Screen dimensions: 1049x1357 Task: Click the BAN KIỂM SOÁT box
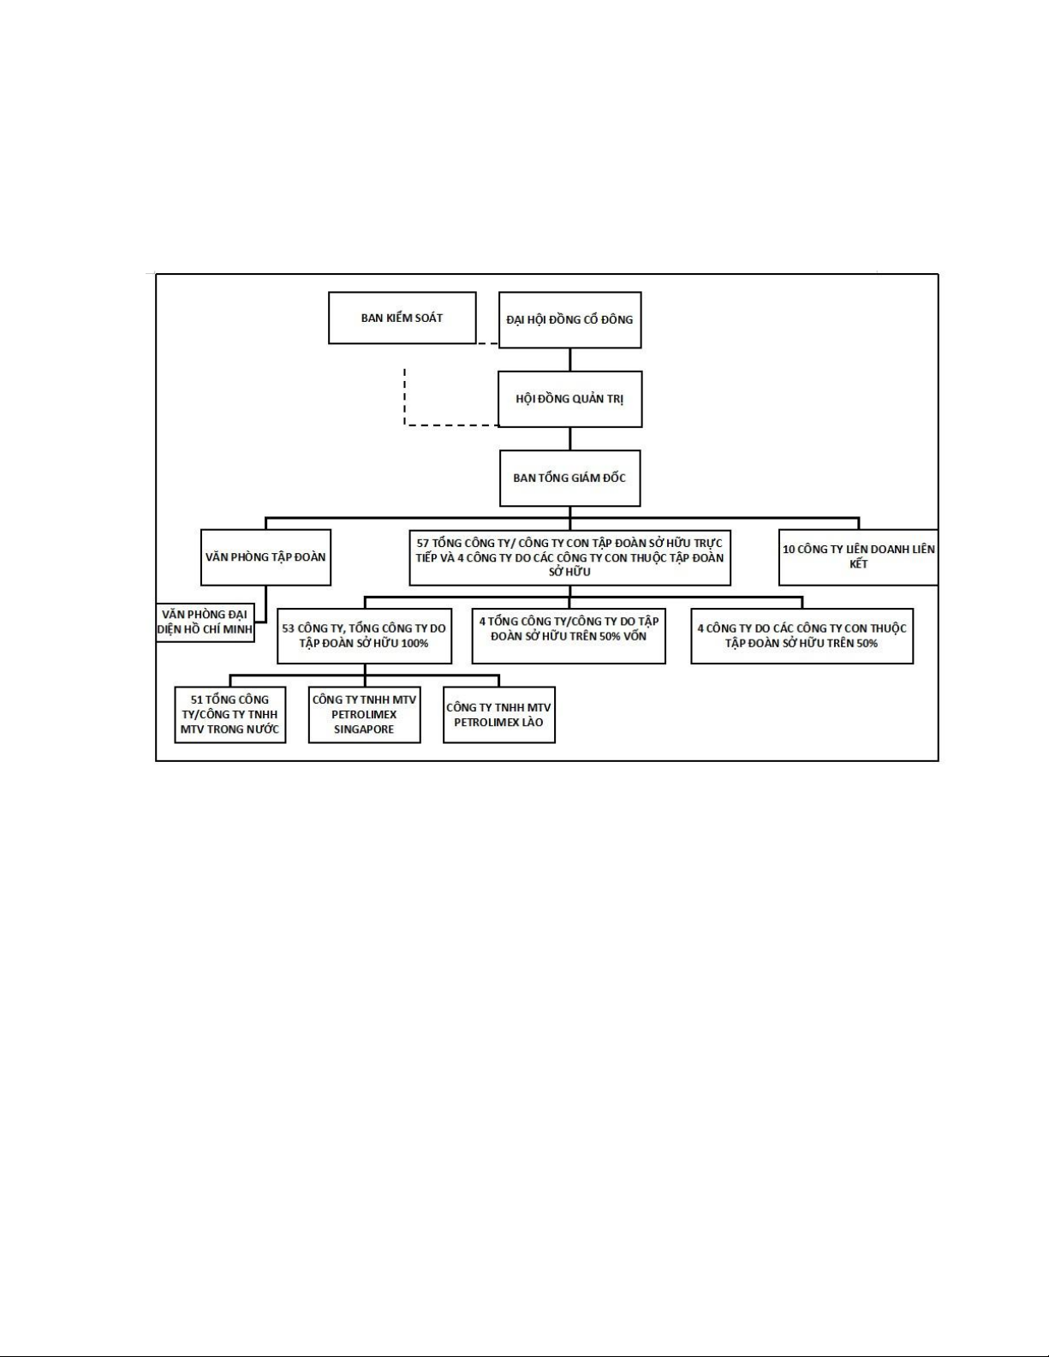point(402,318)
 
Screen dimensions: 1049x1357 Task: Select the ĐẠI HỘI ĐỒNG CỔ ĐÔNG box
point(569,319)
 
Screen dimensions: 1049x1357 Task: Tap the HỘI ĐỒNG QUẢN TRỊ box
point(570,399)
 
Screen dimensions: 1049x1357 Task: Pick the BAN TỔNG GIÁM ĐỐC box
point(570,478)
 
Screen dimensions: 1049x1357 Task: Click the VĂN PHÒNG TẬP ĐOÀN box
point(266,557)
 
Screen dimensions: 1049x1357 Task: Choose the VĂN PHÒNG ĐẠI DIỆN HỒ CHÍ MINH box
point(205,622)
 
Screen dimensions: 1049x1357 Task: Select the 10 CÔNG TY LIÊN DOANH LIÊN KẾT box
point(859,556)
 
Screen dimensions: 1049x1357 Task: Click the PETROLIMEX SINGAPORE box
point(365,714)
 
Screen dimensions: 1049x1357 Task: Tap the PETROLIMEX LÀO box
point(499,714)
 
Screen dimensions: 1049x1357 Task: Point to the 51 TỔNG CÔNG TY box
point(229,714)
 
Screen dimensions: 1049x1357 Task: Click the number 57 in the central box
point(423,544)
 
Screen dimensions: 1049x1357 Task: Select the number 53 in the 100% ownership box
point(288,628)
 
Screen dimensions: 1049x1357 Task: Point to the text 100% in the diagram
point(414,643)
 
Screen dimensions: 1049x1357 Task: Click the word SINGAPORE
point(364,729)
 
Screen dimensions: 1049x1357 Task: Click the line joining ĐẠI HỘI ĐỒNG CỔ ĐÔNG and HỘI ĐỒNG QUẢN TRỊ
point(570,360)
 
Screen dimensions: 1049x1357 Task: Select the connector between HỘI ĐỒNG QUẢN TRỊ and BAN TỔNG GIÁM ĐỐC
point(570,439)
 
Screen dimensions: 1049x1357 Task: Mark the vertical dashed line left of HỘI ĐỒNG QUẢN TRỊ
point(404,396)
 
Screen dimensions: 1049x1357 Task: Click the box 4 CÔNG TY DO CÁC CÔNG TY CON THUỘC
point(802,636)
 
